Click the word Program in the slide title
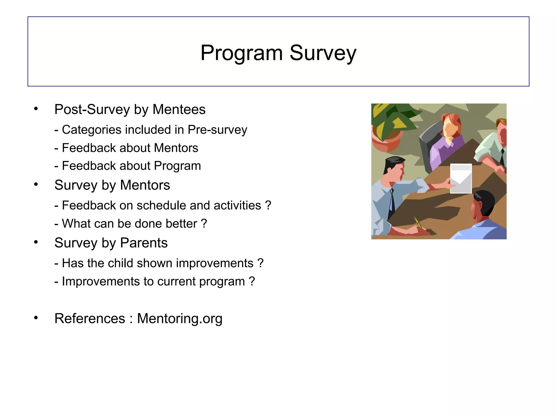point(242,53)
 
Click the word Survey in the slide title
point(323,53)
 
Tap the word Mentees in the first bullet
point(179,110)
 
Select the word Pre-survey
point(217,130)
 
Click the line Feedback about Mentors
point(126,148)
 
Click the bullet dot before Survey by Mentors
point(36,185)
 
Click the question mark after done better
point(204,224)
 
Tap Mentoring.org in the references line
point(180,318)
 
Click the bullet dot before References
point(36,318)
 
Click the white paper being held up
point(461,178)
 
